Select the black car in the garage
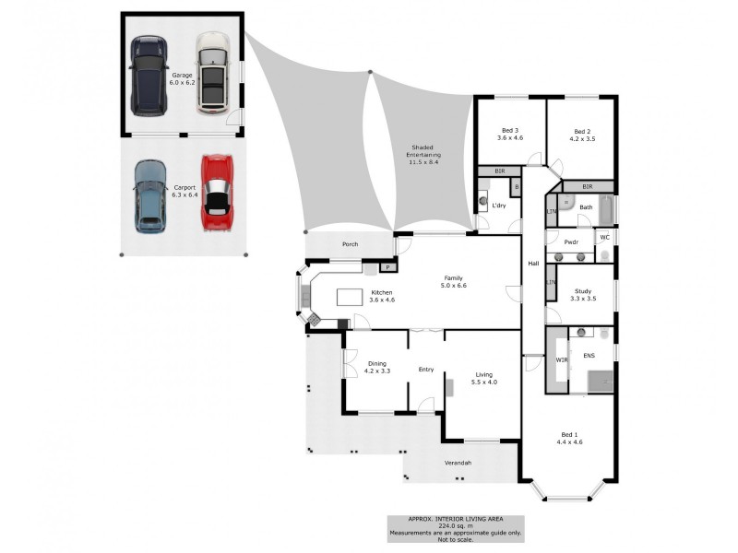coord(149,76)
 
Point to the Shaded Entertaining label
coord(423,151)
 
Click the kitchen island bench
coord(350,297)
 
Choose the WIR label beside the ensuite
coord(562,359)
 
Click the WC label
coord(605,237)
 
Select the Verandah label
coord(458,463)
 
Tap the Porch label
coord(350,245)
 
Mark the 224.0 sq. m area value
coord(454,526)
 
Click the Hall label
coord(533,264)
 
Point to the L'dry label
coord(499,205)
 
